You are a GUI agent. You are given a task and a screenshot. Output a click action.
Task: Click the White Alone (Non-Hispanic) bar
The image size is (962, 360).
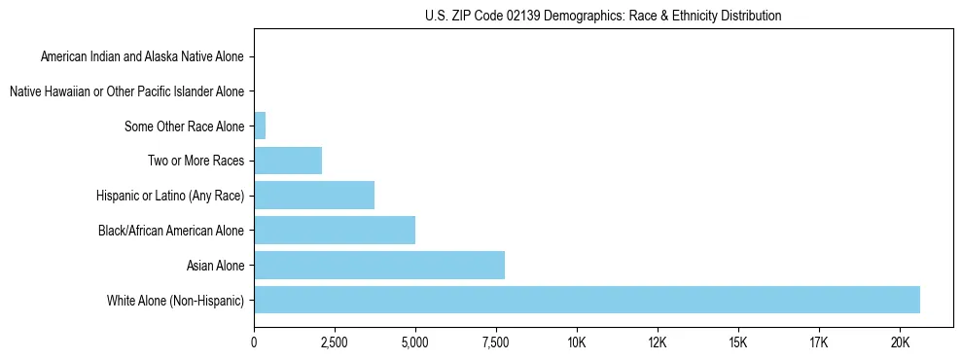[x=587, y=300]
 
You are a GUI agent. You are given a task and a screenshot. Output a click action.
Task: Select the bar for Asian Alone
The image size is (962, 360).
[x=379, y=265]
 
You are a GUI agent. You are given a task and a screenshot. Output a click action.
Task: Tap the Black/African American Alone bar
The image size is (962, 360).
[x=335, y=231]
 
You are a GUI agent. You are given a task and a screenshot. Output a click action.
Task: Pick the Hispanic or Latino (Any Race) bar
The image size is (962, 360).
[x=314, y=196]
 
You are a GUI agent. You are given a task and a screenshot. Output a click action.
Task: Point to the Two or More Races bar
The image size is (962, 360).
[x=288, y=161]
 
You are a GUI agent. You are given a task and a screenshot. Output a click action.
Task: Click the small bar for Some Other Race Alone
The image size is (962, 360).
[x=260, y=126]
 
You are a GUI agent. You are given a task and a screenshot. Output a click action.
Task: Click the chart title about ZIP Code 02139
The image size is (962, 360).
[x=603, y=16]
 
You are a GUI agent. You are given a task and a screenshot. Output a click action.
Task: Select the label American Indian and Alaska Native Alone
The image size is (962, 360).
[x=142, y=57]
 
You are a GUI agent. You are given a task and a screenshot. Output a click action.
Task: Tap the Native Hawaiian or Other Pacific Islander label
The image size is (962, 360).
[x=126, y=91]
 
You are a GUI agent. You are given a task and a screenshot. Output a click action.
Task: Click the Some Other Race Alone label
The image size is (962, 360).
[x=185, y=126]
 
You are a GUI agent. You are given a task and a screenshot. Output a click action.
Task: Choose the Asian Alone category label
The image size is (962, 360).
[x=216, y=265]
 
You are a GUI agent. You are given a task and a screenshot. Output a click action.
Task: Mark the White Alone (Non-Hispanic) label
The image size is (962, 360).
[x=176, y=300]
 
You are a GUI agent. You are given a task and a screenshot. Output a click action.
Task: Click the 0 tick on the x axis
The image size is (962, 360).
[x=254, y=342]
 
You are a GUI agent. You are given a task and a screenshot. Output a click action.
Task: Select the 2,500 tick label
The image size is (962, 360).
[x=335, y=342]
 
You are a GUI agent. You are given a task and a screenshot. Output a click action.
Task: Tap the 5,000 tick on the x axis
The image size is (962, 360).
[x=415, y=342]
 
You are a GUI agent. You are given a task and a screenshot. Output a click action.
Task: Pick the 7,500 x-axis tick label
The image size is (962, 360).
[x=496, y=342]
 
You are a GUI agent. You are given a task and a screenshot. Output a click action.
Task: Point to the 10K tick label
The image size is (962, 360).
[x=577, y=342]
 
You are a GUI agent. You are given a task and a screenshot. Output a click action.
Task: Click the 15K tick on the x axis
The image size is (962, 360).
[x=738, y=342]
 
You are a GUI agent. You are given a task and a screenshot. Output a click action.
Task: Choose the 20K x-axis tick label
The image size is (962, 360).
[x=900, y=342]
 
